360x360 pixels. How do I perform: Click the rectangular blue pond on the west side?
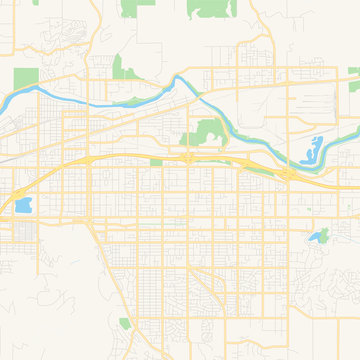tap(22, 206)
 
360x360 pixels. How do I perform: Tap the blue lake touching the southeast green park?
tap(318, 237)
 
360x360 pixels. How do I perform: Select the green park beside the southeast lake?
tap(326, 233)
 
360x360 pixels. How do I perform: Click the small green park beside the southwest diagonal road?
tap(125, 323)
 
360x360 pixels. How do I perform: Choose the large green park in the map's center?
tap(208, 132)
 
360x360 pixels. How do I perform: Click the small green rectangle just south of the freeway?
tap(156, 162)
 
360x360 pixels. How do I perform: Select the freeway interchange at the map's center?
tap(188, 157)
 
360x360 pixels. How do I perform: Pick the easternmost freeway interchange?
tap(290, 174)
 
